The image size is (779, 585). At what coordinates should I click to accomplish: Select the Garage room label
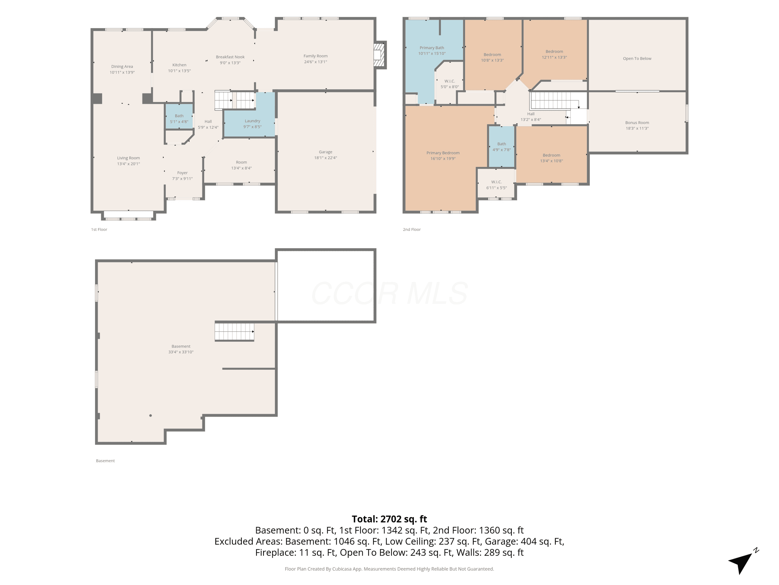[x=325, y=152]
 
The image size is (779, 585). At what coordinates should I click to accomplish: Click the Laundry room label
[x=252, y=121]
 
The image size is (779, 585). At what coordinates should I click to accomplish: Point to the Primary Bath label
[x=432, y=48]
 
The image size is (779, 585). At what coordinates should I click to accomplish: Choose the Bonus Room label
[x=637, y=123]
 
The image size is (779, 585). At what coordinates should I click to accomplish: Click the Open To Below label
[x=637, y=58]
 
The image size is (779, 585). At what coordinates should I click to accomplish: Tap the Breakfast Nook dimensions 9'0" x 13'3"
[x=230, y=63]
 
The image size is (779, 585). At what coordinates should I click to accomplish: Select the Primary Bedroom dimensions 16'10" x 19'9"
[x=443, y=159]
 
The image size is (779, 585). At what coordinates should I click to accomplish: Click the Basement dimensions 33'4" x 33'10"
[x=181, y=352]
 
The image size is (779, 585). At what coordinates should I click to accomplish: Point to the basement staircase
[x=234, y=331]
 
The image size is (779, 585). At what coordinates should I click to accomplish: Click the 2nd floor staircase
[x=554, y=100]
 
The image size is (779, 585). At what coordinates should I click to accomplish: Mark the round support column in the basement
[x=150, y=415]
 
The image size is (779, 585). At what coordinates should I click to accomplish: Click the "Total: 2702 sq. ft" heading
[x=389, y=519]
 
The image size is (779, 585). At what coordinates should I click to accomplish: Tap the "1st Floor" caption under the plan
[x=99, y=230]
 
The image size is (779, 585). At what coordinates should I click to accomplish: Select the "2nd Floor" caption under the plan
[x=412, y=230]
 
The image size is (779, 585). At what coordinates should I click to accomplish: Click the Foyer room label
[x=183, y=173]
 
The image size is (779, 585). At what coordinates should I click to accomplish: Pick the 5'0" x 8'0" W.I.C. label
[x=450, y=84]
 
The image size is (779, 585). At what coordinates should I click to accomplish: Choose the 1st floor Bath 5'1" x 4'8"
[x=179, y=119]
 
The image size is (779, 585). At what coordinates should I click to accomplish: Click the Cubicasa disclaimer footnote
[x=389, y=569]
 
